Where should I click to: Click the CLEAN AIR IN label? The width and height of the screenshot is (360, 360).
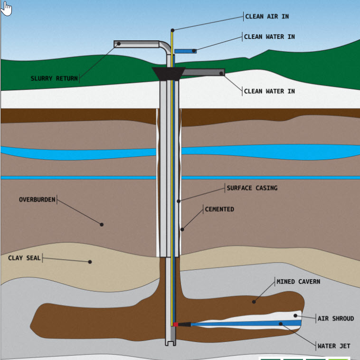(x=267, y=17)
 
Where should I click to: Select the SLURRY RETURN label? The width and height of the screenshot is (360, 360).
(x=54, y=78)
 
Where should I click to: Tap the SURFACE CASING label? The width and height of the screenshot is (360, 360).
(x=252, y=188)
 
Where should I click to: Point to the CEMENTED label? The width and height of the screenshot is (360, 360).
(x=219, y=209)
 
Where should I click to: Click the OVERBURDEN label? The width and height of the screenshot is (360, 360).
(x=38, y=199)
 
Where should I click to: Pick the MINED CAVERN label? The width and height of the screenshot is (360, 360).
(x=298, y=282)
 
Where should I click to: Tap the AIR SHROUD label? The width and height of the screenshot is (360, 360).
(x=335, y=318)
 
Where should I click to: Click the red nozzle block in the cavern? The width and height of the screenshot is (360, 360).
(x=176, y=324)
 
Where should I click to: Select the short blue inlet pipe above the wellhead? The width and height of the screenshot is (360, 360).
(x=185, y=51)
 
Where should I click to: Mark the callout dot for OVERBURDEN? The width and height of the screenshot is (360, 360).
(x=101, y=224)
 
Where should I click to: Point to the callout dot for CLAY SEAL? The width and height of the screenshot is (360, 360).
(x=90, y=261)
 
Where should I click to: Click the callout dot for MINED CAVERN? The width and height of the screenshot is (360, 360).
(x=254, y=301)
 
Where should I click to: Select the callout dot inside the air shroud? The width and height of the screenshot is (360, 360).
(x=295, y=315)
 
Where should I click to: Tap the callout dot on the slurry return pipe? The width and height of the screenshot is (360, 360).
(x=119, y=44)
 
